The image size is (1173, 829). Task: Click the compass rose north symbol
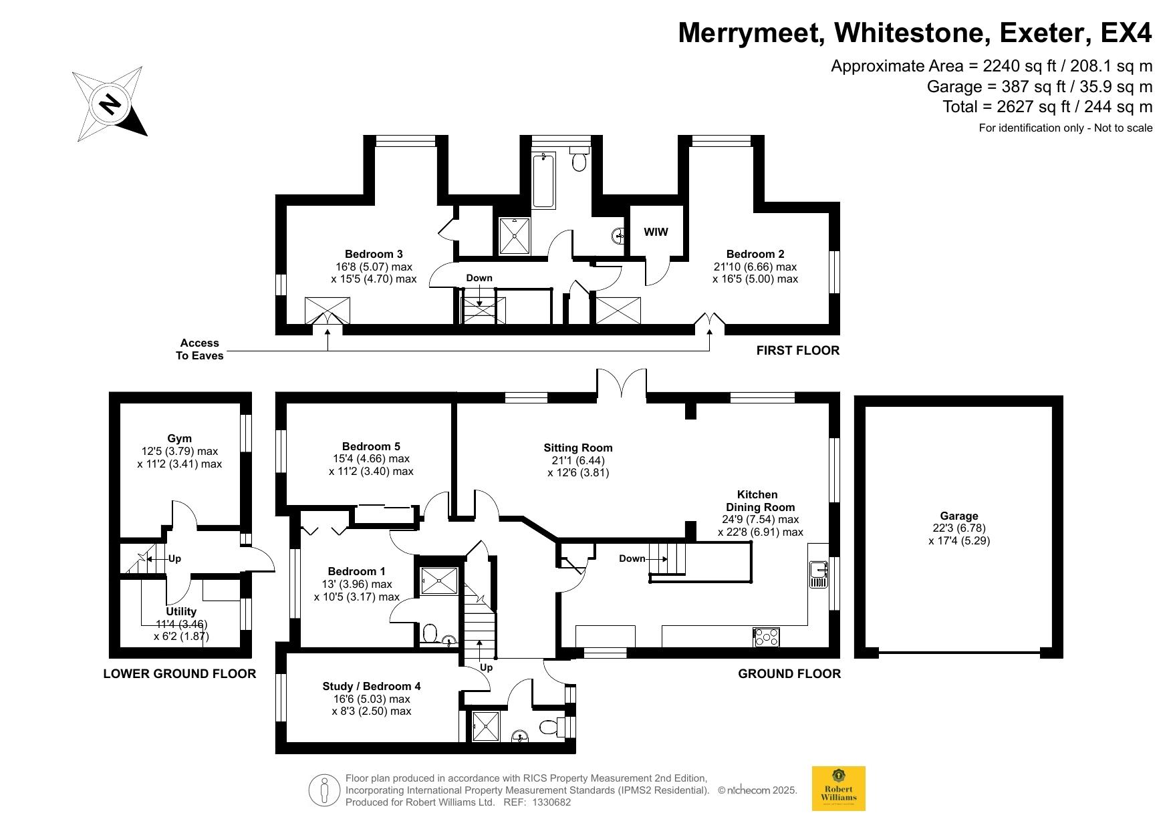[x=109, y=104]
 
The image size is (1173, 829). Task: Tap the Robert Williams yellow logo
[x=838, y=788]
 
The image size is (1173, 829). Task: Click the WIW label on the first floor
[x=656, y=232]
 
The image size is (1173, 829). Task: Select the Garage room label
[x=959, y=516]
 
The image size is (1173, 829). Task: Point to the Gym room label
[x=179, y=439]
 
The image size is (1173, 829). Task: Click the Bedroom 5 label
[x=371, y=446]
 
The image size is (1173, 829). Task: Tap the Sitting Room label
[x=578, y=448]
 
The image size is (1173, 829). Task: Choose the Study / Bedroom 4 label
[x=372, y=686]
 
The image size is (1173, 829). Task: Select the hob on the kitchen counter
[x=767, y=637]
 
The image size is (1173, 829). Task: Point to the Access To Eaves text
[x=199, y=349]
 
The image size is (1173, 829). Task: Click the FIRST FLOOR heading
[x=798, y=350]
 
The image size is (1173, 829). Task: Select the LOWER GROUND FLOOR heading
[x=179, y=673]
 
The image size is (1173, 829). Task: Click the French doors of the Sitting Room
[x=622, y=385]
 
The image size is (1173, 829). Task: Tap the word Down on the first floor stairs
[x=479, y=278]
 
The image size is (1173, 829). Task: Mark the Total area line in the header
[x=1047, y=106]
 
